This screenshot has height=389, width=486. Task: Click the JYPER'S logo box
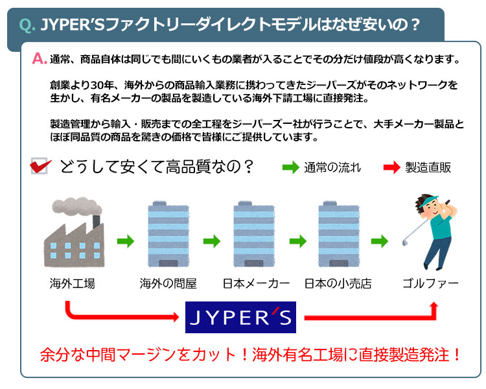[x=240, y=317]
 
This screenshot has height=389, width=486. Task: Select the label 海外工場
[x=72, y=284]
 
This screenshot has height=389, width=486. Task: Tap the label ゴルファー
[x=430, y=284]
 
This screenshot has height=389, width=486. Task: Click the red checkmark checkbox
[x=40, y=167]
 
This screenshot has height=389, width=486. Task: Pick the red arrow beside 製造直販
[x=391, y=167]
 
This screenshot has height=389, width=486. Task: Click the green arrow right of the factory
[x=125, y=242]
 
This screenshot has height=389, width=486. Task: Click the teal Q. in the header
[x=28, y=25]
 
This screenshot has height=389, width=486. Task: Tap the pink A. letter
[x=39, y=60]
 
